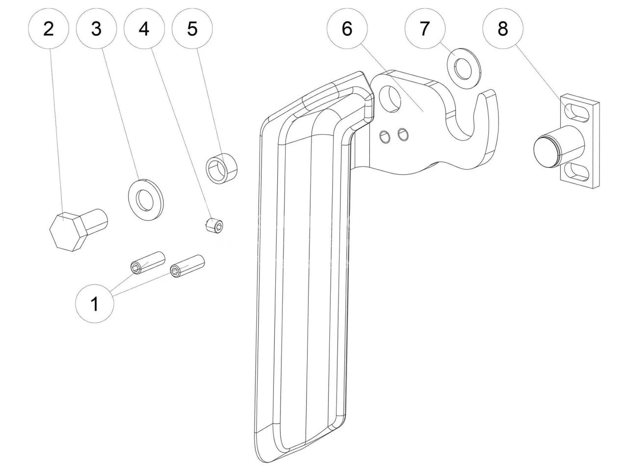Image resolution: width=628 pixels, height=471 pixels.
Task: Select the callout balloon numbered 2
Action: click(48, 29)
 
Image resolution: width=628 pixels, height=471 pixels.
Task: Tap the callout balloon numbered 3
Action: click(96, 29)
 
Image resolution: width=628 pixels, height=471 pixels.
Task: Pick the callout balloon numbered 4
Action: click(144, 29)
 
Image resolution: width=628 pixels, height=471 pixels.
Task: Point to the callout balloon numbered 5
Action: click(192, 29)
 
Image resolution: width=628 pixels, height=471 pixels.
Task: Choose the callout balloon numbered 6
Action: click(346, 29)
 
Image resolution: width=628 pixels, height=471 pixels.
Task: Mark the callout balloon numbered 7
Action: click(424, 29)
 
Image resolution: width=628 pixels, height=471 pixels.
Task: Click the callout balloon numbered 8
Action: click(502, 29)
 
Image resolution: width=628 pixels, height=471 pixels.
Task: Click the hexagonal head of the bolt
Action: click(68, 232)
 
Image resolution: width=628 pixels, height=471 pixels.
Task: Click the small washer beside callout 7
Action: click(463, 69)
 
